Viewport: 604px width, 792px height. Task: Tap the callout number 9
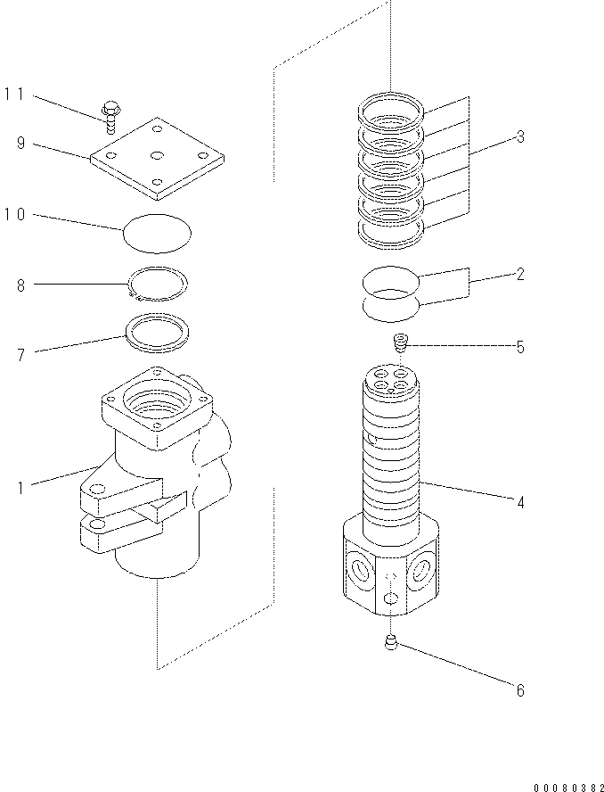coord(20,142)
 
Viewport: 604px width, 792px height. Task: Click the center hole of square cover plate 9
coord(157,155)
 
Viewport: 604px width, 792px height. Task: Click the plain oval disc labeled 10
coord(156,234)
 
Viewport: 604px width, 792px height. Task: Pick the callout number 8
coord(20,285)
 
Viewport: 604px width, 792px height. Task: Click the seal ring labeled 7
coord(156,331)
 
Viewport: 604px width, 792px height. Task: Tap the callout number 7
coord(20,355)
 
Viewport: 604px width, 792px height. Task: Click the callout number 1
coord(20,487)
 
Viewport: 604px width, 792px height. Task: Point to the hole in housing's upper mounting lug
coord(99,489)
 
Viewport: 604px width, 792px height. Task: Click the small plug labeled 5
coord(400,342)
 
